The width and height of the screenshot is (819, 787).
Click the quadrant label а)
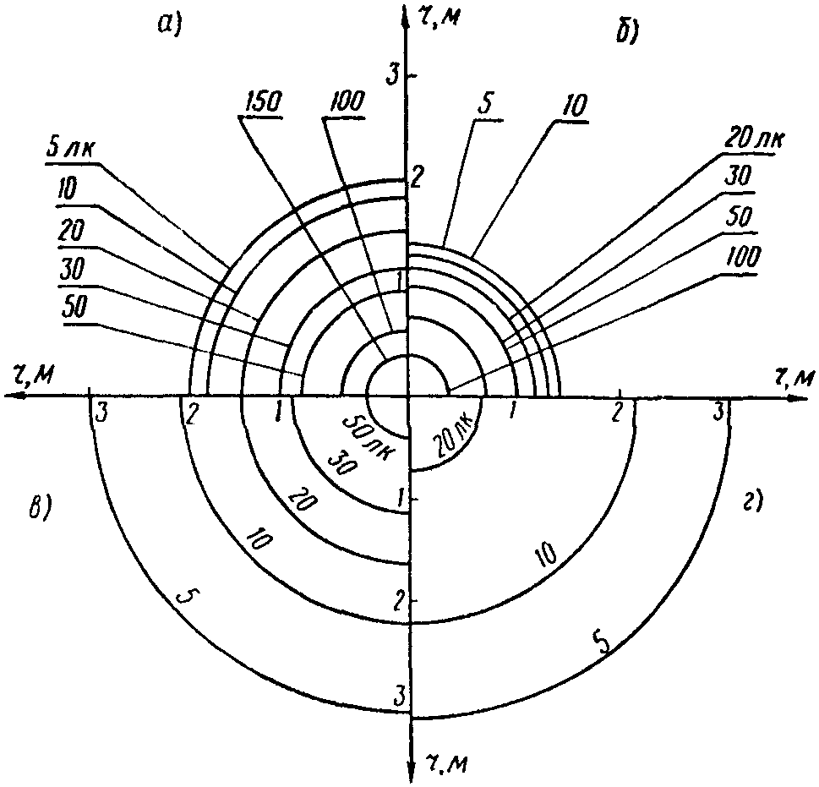click(x=171, y=26)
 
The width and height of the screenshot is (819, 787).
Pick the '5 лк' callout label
click(x=70, y=150)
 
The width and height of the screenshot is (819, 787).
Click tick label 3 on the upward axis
click(x=391, y=75)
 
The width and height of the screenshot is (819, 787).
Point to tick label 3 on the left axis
click(x=101, y=413)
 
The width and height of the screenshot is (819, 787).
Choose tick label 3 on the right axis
click(x=719, y=412)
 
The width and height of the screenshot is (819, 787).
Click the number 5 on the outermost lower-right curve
click(x=602, y=645)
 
